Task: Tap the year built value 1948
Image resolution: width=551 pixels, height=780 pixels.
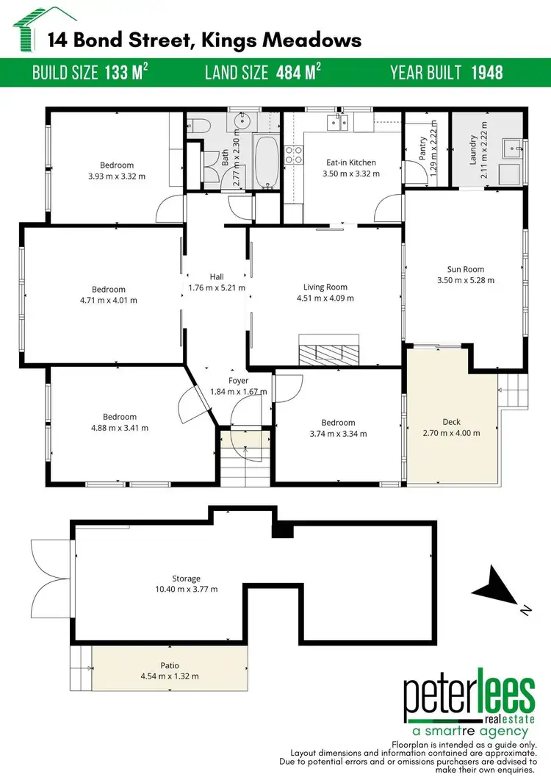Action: tap(486, 73)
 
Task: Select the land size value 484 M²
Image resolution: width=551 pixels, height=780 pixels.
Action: tap(298, 73)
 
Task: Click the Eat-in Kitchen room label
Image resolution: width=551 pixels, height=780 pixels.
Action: tap(350, 162)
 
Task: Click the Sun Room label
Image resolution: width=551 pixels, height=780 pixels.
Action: tap(465, 269)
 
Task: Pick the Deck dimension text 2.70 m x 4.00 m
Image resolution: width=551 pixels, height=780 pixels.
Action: tap(452, 433)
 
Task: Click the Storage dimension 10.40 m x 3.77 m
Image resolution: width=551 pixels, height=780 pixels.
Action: tap(182, 589)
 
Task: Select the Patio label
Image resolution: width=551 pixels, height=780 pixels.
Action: tap(170, 665)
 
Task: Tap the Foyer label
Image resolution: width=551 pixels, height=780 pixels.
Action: tap(238, 381)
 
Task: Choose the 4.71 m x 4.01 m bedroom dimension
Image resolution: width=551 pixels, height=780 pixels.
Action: tap(108, 300)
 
